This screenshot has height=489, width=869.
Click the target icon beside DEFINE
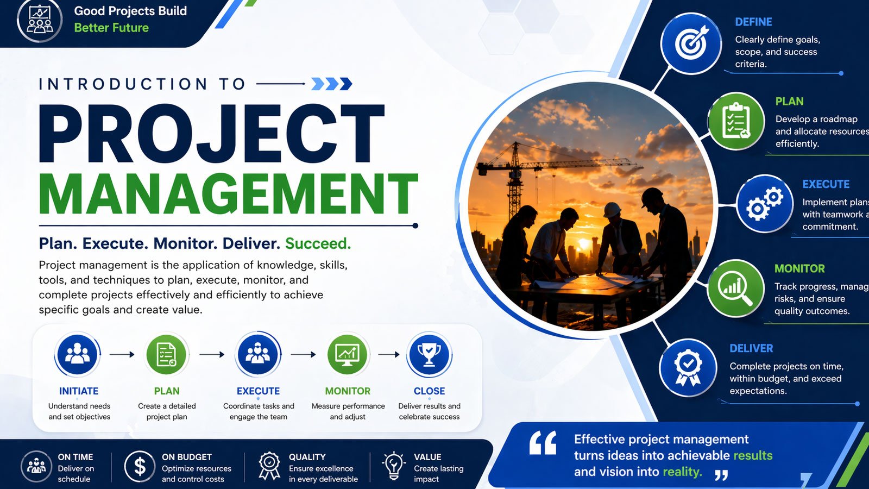pyautogui.click(x=691, y=43)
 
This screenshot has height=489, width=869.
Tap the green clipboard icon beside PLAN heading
pyautogui.click(x=736, y=121)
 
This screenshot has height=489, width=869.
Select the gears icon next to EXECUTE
pyautogui.click(x=765, y=204)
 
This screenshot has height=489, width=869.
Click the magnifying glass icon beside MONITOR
pyautogui.click(x=735, y=289)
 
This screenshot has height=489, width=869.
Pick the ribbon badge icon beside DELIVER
pyautogui.click(x=688, y=367)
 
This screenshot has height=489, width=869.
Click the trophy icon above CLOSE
pyautogui.click(x=429, y=354)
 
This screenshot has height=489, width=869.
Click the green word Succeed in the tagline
pyautogui.click(x=318, y=243)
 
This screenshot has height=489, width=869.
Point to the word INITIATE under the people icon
pyautogui.click(x=79, y=391)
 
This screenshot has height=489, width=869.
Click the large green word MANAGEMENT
pyautogui.click(x=228, y=193)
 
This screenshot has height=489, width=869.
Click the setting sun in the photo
pyautogui.click(x=583, y=244)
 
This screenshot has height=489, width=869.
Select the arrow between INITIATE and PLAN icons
pyautogui.click(x=122, y=354)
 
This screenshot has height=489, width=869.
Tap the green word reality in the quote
pyautogui.click(x=682, y=472)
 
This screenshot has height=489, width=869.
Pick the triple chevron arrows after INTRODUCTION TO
pyautogui.click(x=332, y=84)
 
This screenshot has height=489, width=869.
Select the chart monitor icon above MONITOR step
pyautogui.click(x=347, y=354)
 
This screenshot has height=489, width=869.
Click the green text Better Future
pyautogui.click(x=111, y=28)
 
